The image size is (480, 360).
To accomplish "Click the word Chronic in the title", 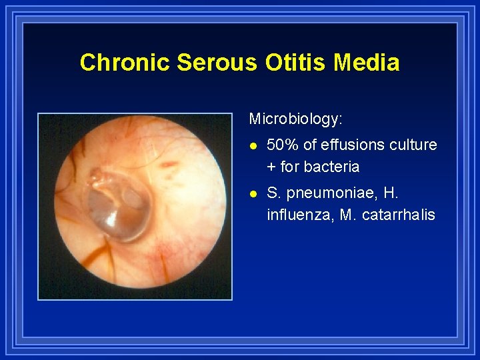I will click(x=125, y=63).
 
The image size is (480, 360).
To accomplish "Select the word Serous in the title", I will click(x=217, y=63).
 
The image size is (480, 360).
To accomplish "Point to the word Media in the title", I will click(x=367, y=63).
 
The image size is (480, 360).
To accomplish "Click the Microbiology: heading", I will click(x=295, y=119).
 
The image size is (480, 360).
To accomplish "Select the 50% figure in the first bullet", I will click(x=283, y=145).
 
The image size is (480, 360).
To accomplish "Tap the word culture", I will click(x=415, y=145).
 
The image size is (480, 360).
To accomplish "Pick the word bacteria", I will click(x=333, y=167).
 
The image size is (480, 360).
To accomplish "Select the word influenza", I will click(x=299, y=215).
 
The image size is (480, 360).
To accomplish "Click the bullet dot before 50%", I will click(x=252, y=145).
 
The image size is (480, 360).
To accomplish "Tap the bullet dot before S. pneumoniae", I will click(x=252, y=194).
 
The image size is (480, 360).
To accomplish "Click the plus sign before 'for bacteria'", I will click(x=271, y=167).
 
